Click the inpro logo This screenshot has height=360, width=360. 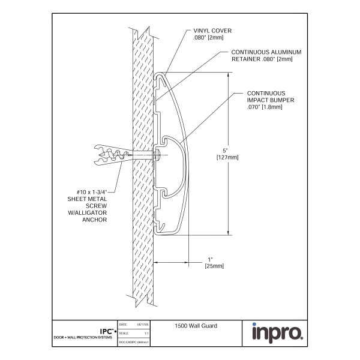[276, 332]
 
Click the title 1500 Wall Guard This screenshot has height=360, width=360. [196, 326]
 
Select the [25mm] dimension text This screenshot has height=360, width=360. [214, 265]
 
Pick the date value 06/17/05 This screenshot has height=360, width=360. [143, 325]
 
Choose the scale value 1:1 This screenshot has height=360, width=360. [146, 333]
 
